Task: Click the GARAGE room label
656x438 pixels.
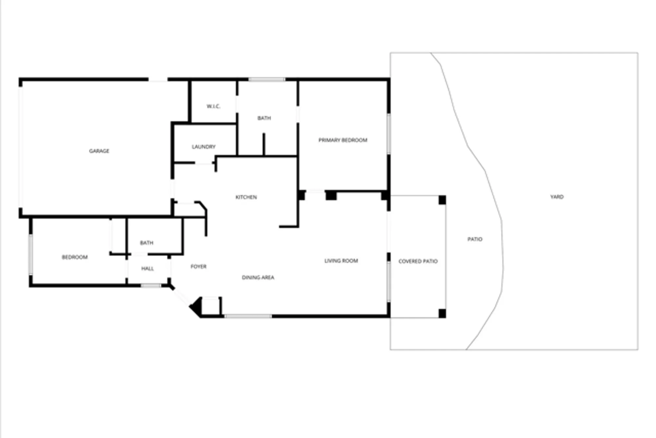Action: pos(99,151)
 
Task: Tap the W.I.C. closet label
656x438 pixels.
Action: pos(213,106)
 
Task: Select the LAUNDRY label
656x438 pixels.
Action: pos(204,147)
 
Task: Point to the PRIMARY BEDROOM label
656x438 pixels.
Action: pos(343,140)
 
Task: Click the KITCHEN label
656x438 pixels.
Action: pos(246,197)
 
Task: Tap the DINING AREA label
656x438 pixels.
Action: pos(258,278)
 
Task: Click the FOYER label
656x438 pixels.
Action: pos(198,267)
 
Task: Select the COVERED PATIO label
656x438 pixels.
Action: pos(418,261)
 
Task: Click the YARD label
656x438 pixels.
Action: pos(557,197)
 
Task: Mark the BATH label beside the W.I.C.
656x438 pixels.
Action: pos(264,118)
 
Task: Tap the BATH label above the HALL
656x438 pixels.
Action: pos(147,243)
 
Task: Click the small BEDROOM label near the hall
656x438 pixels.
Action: pos(75,257)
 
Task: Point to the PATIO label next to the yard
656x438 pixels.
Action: pos(475,239)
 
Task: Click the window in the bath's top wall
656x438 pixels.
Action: pos(267,79)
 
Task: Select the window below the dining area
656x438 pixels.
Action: pos(248,316)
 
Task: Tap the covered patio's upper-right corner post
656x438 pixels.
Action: pos(442,200)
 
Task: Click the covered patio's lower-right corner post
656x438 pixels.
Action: pos(442,314)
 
